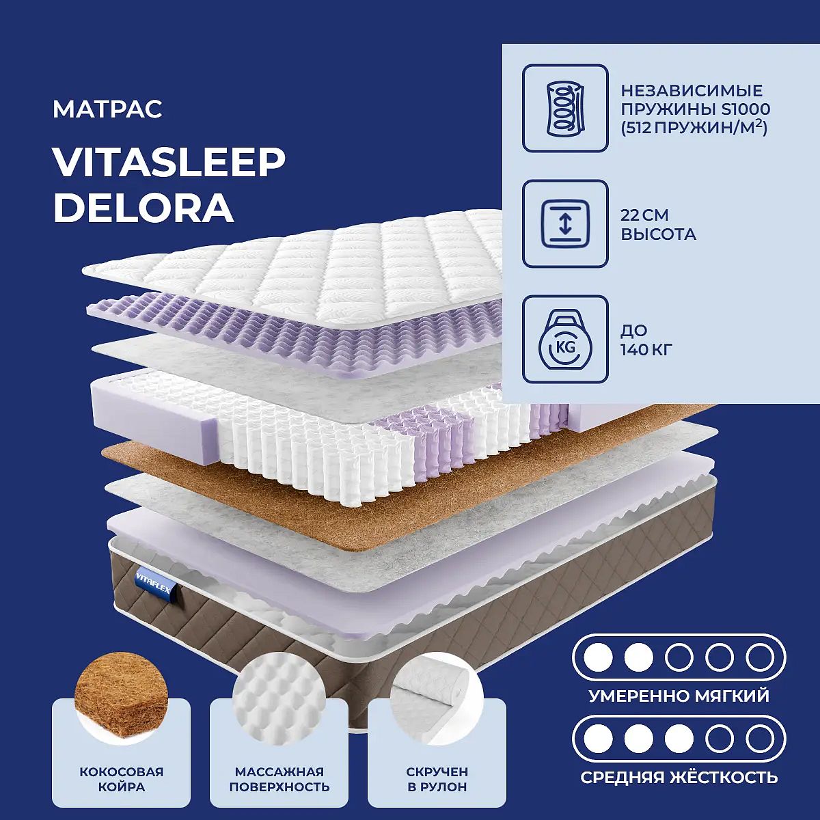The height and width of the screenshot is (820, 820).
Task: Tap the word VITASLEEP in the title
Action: [x=169, y=163]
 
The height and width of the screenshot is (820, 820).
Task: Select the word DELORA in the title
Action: [x=143, y=208]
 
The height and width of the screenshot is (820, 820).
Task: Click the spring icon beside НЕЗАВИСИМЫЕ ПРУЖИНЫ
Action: [x=565, y=108]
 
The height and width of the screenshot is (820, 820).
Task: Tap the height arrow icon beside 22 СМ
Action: [x=565, y=224]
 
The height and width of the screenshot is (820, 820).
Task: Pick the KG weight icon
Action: [x=565, y=339]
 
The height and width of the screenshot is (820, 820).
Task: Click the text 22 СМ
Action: [x=644, y=215]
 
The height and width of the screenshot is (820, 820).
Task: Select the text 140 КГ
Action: [x=646, y=350]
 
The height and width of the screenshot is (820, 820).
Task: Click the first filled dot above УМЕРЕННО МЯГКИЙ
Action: [x=599, y=657]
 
